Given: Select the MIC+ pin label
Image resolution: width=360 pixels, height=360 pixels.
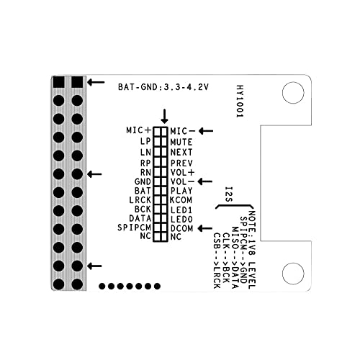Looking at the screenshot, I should click(x=138, y=130).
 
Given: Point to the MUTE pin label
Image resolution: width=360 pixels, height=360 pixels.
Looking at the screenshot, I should click(x=181, y=142).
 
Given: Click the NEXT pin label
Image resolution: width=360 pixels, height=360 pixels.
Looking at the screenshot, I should click(x=181, y=152).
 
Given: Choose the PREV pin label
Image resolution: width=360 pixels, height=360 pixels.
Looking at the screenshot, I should click(x=181, y=163).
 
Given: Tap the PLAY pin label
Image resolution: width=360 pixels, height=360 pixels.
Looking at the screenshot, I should click(x=181, y=192).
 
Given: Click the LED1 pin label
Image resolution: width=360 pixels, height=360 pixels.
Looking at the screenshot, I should click(x=181, y=208).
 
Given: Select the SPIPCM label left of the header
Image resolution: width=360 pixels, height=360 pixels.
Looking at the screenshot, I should click(x=133, y=228).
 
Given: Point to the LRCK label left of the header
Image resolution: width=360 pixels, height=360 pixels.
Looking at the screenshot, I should click(x=138, y=199).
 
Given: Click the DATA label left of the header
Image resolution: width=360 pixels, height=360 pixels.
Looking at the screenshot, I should click(x=139, y=217).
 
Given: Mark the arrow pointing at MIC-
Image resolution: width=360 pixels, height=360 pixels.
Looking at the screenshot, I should click(x=206, y=130).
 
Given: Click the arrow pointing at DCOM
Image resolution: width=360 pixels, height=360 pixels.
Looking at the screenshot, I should click(x=206, y=228).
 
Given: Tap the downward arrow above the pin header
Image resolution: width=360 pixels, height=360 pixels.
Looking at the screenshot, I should click(x=165, y=116).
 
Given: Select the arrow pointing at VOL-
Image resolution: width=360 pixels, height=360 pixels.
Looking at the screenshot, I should click(x=206, y=181).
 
